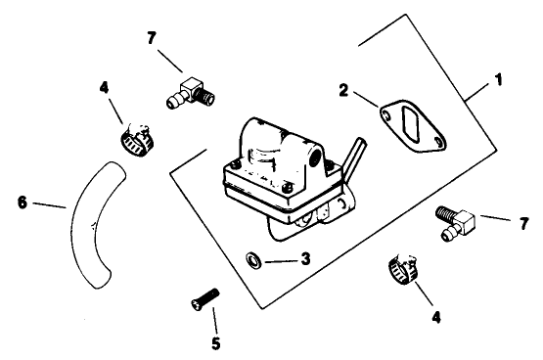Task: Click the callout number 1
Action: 501,76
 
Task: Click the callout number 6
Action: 23,202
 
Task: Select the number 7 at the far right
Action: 524,224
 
